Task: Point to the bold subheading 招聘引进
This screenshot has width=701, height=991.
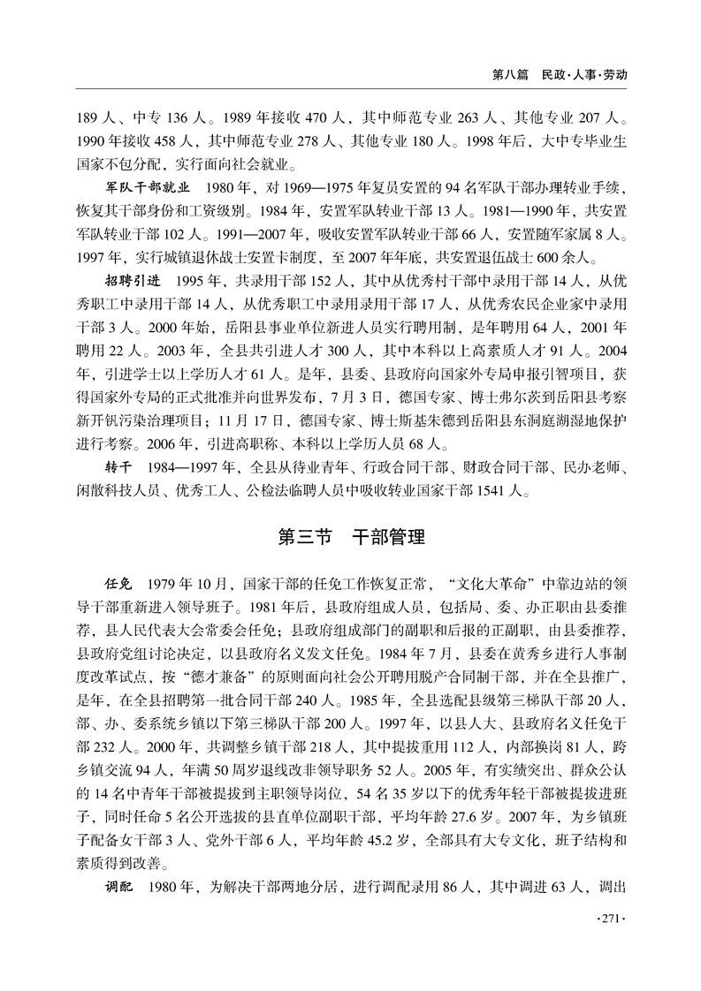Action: point(133,281)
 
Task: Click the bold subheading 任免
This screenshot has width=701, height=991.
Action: point(119,584)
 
